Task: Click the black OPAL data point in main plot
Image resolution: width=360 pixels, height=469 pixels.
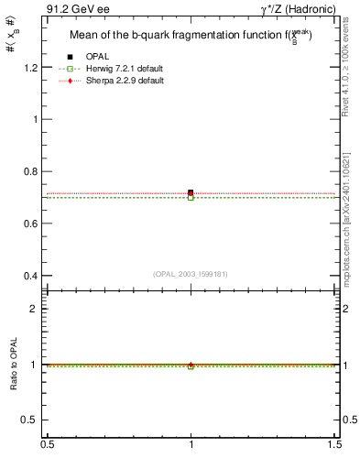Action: coord(191,192)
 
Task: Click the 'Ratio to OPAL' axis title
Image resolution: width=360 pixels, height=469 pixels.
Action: coord(13,365)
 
